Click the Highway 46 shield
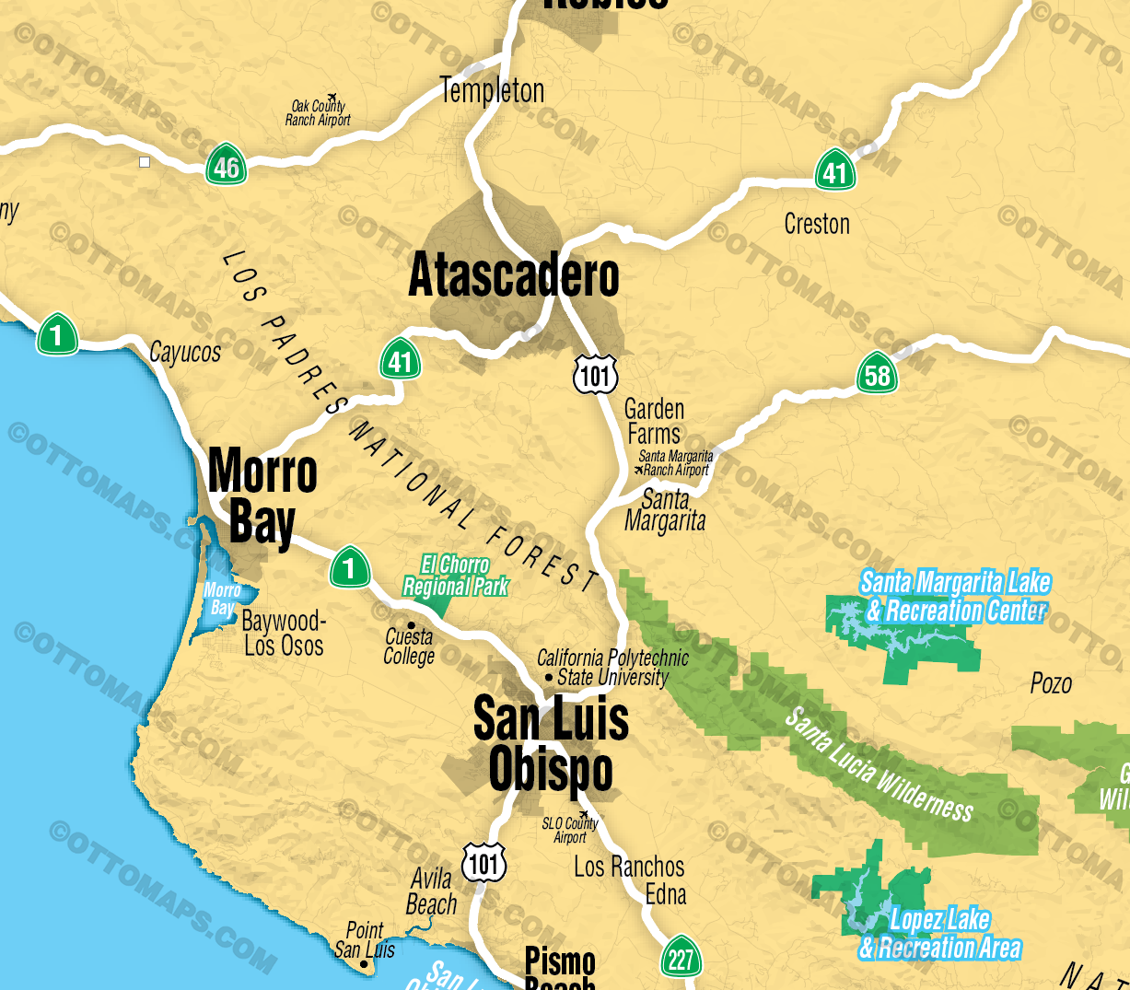(x=226, y=167)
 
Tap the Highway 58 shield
(x=877, y=374)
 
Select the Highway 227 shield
(x=681, y=959)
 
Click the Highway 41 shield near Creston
(x=834, y=171)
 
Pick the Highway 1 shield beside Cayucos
(x=57, y=334)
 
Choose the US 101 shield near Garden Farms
(x=595, y=374)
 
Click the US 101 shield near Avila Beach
(x=483, y=863)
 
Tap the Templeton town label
(x=492, y=90)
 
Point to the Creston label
(x=817, y=224)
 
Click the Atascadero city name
(x=513, y=276)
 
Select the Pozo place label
(x=1051, y=683)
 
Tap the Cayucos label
(x=185, y=352)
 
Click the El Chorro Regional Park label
(x=456, y=576)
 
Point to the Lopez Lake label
(x=939, y=933)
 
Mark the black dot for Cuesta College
(x=411, y=625)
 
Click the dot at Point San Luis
(x=365, y=964)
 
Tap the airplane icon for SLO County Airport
(x=583, y=815)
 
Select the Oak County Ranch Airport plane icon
(x=332, y=98)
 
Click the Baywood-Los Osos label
(x=284, y=634)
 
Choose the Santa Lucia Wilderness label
(x=879, y=765)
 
